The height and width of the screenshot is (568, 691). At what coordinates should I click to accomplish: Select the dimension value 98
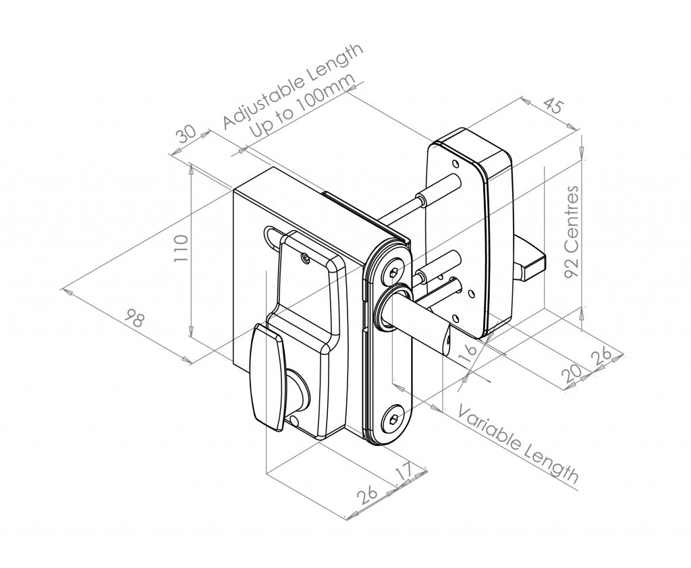pos(136,316)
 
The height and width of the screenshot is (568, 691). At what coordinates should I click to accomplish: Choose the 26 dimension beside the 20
pos(602,357)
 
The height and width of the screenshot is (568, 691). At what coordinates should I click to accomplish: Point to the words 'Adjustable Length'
pos(293,86)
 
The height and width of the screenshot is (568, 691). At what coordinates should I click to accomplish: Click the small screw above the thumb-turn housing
pos(305,257)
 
